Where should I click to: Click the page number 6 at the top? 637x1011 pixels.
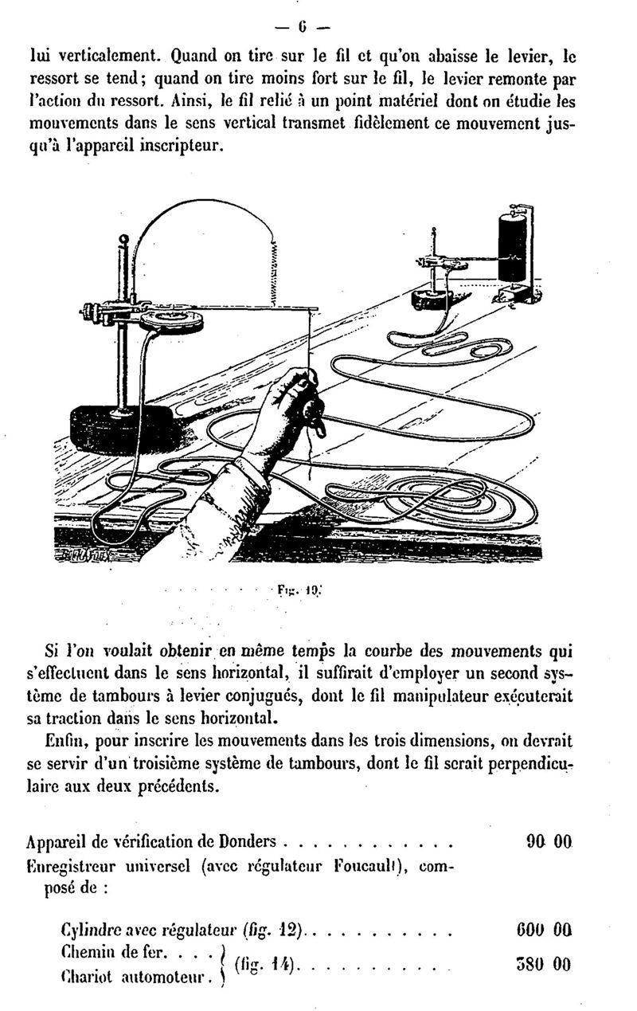coord(302,28)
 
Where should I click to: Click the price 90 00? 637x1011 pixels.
coord(549,841)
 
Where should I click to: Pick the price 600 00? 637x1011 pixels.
coord(544,930)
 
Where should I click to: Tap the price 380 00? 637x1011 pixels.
coord(544,965)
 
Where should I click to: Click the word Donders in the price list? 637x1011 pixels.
coord(247,841)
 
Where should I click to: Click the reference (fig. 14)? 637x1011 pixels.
coord(265,965)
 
